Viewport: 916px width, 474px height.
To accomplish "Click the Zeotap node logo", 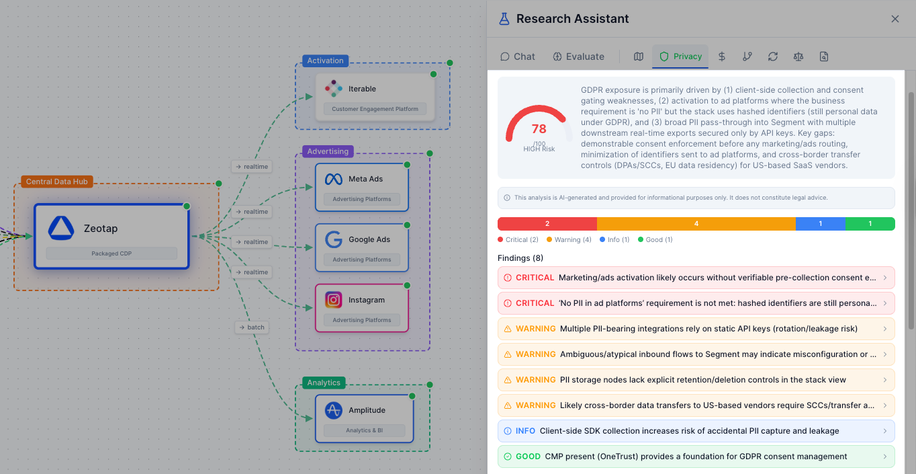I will [x=61, y=229].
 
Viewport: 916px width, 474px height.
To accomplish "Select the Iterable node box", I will [x=375, y=97].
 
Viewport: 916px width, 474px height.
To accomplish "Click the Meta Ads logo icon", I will [x=334, y=179].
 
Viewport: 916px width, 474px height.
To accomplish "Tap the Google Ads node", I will [x=362, y=247].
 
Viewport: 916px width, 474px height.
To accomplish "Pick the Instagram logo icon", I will [x=334, y=300].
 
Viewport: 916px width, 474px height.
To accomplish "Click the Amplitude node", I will [x=364, y=418].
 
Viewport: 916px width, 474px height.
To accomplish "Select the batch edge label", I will [x=252, y=327].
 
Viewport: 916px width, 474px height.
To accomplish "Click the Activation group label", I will [x=325, y=61].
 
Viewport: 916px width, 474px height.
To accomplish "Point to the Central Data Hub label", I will [x=57, y=182].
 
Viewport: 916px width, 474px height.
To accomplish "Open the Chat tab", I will [x=518, y=56].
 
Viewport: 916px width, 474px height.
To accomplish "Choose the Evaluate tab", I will [x=578, y=56].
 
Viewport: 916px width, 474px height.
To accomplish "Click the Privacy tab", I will [x=680, y=56].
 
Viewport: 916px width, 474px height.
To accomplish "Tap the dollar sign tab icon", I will [x=722, y=56].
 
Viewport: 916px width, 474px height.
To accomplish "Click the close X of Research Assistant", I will [x=895, y=19].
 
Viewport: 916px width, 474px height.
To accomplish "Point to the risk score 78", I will [x=539, y=128].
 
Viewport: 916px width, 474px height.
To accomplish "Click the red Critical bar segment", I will [x=547, y=224].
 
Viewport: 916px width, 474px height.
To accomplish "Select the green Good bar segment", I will [x=870, y=224].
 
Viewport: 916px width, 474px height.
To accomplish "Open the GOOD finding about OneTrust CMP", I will [x=696, y=457].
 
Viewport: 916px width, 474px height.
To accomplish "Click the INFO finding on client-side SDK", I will [x=696, y=431].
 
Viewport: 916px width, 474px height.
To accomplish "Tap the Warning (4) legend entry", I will [x=569, y=240].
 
